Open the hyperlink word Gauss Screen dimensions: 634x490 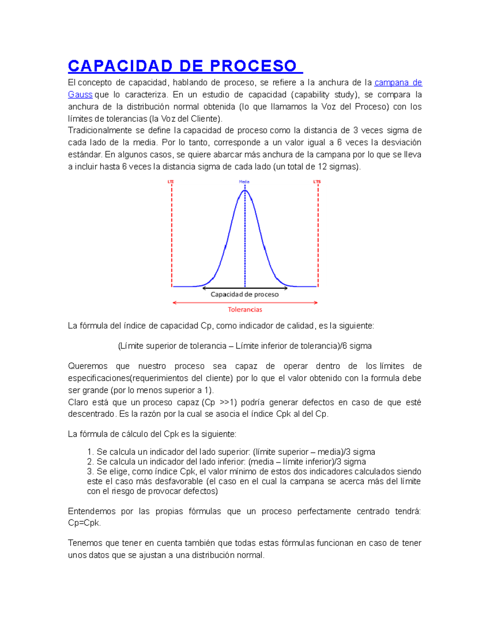coord(80,95)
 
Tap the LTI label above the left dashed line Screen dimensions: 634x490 coord(171,182)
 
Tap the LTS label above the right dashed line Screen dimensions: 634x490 coord(317,182)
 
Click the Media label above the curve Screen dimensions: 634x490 coord(244,182)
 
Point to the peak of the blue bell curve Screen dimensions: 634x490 coord(245,191)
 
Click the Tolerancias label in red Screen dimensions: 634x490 coord(245,309)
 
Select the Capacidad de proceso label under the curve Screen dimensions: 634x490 coord(245,294)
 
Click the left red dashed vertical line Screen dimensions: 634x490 coord(172,237)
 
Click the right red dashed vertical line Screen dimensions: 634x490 coord(318,237)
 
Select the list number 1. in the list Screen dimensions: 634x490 coord(90,452)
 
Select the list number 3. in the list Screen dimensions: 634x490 coord(90,472)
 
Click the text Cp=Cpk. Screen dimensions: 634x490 coord(84,523)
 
